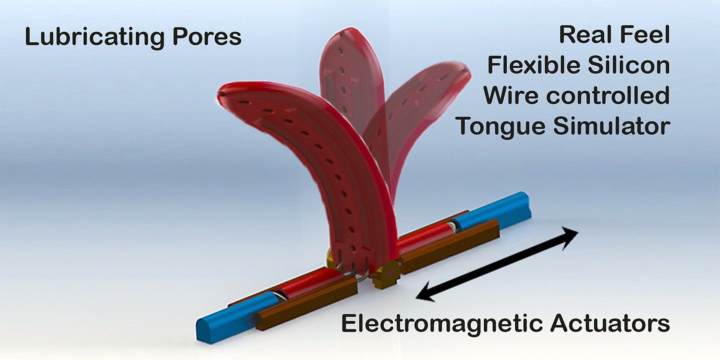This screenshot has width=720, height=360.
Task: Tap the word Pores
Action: [x=207, y=37]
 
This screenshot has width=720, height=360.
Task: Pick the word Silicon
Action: [x=629, y=65]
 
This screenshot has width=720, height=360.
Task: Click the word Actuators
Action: [x=610, y=323]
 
